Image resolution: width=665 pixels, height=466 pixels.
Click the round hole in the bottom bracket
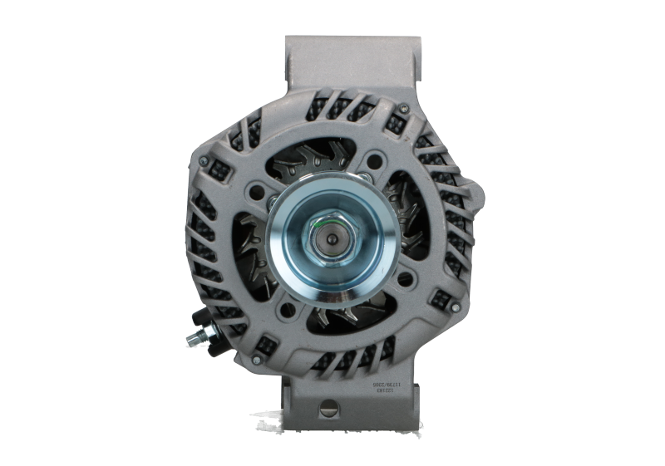pos(328,406)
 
